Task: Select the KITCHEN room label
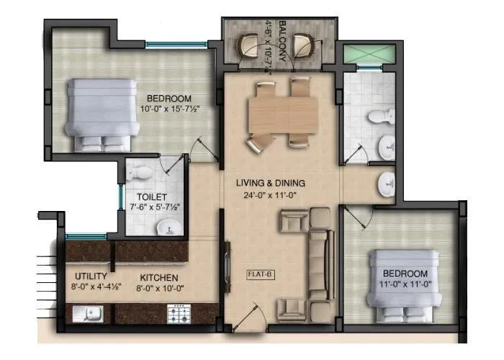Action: click(159, 277)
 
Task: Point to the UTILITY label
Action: click(91, 276)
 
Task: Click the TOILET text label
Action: click(152, 196)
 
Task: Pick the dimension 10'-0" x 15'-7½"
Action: click(170, 110)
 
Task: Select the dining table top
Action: click(283, 114)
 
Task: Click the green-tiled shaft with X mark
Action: click(369, 54)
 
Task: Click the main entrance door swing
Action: click(249, 317)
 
